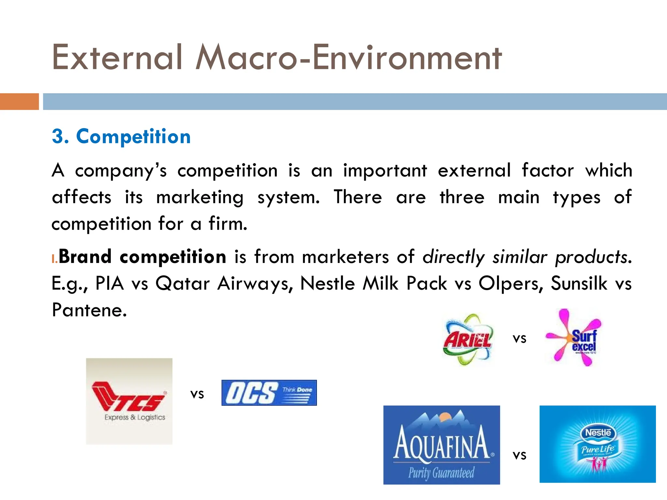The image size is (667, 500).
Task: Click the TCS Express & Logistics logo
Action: (x=129, y=401)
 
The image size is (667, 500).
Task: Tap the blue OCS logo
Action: (x=269, y=393)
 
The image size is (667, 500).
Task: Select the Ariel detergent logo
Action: (x=468, y=339)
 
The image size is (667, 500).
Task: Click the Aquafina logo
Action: (x=441, y=445)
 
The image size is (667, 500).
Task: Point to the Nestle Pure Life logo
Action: (x=597, y=444)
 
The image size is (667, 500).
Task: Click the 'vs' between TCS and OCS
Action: (x=197, y=394)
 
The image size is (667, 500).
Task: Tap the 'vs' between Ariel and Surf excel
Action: (x=519, y=339)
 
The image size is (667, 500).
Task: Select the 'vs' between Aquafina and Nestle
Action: (x=519, y=455)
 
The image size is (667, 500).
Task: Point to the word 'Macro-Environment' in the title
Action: (x=348, y=58)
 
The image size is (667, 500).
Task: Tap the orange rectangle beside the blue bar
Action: (x=19, y=102)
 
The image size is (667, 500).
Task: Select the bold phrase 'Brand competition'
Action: (x=142, y=257)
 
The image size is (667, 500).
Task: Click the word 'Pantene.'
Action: (x=89, y=310)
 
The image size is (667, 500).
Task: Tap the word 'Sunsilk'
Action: (x=579, y=283)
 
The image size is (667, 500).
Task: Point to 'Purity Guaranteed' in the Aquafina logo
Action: (x=441, y=473)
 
